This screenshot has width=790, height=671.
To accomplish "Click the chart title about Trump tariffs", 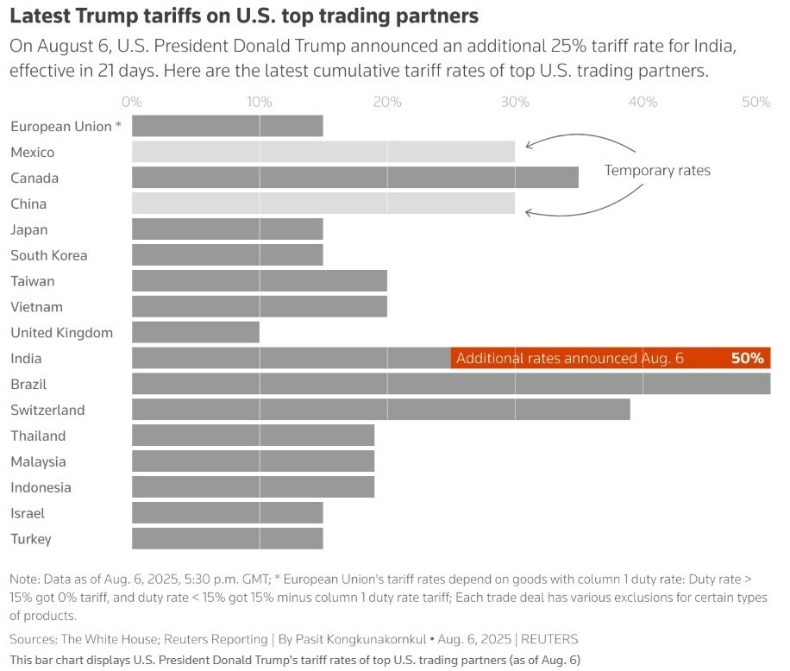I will click(244, 16).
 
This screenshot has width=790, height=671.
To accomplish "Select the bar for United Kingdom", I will click(196, 332).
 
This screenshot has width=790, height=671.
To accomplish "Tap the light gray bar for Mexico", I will click(323, 152).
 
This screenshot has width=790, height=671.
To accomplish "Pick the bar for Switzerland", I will click(380, 410).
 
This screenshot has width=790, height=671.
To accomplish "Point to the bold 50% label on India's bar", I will click(747, 358).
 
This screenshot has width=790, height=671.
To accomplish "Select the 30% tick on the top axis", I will click(515, 102).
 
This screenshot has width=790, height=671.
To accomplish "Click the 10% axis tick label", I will click(260, 102).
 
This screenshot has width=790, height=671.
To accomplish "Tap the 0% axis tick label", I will click(132, 102).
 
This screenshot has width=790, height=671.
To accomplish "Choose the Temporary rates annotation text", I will click(657, 170).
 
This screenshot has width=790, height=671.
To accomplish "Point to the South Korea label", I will click(49, 255).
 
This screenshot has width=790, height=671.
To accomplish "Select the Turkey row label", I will click(31, 539).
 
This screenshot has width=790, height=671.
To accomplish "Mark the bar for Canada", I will click(354, 178).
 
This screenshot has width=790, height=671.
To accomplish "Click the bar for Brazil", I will click(451, 384).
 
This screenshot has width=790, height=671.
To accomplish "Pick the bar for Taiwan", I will click(260, 280).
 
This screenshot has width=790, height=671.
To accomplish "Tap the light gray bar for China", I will click(323, 204).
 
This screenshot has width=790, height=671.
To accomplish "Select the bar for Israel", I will click(228, 513).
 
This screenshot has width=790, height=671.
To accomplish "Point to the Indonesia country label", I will click(41, 487).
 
